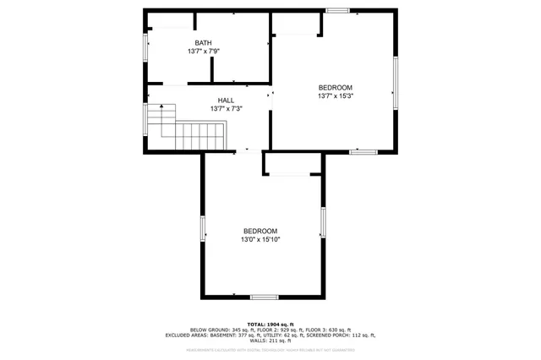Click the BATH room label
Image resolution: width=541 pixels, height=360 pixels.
tap(203, 43)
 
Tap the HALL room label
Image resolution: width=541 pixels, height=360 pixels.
tap(226, 100)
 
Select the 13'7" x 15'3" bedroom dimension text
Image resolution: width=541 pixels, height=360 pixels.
tap(335, 96)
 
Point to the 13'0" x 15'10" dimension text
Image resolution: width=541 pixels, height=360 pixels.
tap(260, 239)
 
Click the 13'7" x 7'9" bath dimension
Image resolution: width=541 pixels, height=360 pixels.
tap(203, 52)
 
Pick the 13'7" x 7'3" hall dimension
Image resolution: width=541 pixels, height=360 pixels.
tap(226, 108)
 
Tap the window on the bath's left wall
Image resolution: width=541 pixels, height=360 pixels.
tap(145, 46)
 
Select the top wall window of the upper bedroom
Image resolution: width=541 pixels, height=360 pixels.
tap(338, 10)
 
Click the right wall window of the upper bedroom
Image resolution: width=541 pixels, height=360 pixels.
tap(395, 82)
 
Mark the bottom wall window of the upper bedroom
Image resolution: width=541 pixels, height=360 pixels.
tap(363, 151)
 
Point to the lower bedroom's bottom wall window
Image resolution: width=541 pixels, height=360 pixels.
tap(264, 297)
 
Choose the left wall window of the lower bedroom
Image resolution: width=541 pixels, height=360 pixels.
tap(202, 228)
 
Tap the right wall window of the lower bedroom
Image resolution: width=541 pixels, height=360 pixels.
tap(322, 221)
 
